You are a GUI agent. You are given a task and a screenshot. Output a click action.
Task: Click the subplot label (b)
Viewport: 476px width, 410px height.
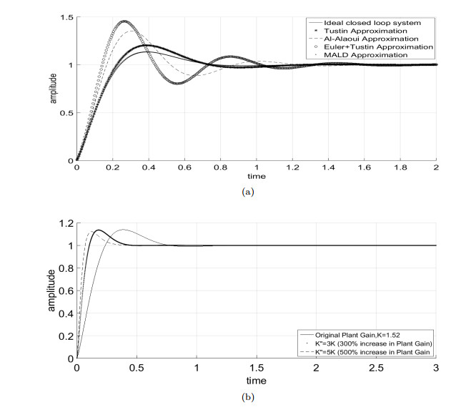click(247, 392)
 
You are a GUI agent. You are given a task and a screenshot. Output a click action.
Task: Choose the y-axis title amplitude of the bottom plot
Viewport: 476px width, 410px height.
click(49, 291)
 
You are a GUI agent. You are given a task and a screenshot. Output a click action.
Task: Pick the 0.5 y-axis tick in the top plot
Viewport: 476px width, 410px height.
click(66, 112)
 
